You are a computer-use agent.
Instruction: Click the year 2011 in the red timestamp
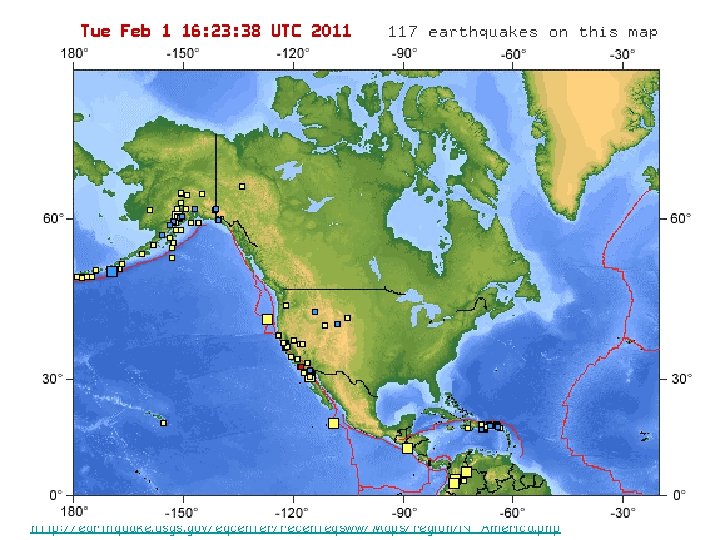tap(331, 31)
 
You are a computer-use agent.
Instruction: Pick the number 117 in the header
tap(403, 32)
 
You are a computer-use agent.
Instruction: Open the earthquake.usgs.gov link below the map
tap(295, 527)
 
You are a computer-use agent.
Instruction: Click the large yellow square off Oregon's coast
tap(267, 319)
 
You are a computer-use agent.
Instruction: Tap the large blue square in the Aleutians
tap(112, 271)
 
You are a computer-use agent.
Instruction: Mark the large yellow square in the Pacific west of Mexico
tap(333, 423)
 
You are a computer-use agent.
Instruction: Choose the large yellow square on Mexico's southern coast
tap(407, 448)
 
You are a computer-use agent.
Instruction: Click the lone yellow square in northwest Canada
tap(242, 186)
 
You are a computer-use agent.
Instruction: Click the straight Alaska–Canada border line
tap(216, 170)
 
